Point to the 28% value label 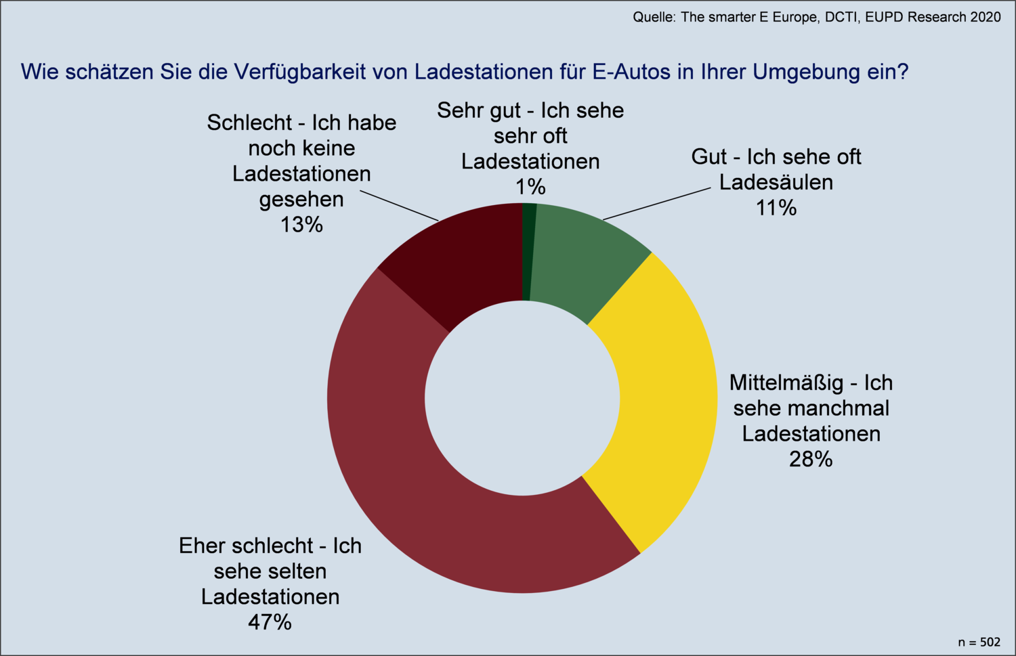[x=810, y=460]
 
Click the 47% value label [x=270, y=622]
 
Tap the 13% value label [x=301, y=225]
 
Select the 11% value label [x=776, y=208]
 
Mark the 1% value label [x=530, y=187]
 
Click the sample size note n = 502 [x=979, y=642]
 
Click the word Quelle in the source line [x=653, y=18]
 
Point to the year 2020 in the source [x=986, y=18]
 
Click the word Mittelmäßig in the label [x=786, y=383]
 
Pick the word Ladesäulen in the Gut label [x=776, y=182]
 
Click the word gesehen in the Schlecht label [x=301, y=200]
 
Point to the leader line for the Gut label [x=657, y=204]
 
